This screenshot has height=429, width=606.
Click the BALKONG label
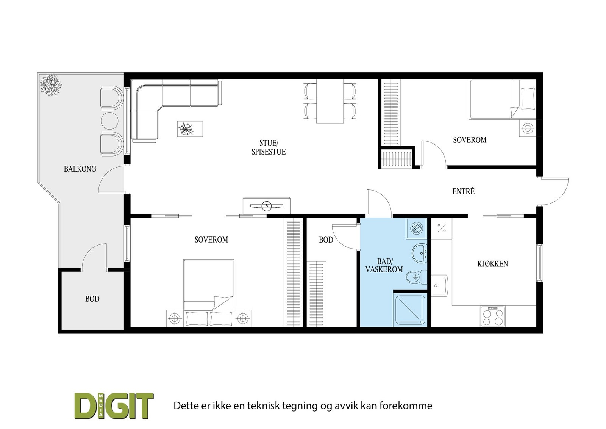[80, 169]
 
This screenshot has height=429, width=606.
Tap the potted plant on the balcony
[51, 85]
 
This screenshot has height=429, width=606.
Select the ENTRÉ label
[463, 191]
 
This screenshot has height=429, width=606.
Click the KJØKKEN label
[492, 264]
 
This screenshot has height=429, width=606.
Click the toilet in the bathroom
[415, 277]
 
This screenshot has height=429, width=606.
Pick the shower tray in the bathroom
[411, 310]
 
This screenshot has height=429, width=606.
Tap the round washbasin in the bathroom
[419, 253]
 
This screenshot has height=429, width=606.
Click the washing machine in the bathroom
[416, 229]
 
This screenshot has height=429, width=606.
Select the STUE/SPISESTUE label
[269, 147]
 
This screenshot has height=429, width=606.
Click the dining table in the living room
[330, 101]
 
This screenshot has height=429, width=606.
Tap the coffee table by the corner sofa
[190, 129]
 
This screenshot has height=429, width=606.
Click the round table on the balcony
[110, 119]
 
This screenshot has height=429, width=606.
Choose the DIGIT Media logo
[114, 406]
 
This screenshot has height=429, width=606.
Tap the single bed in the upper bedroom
[502, 99]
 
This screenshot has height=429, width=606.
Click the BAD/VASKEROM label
[384, 265]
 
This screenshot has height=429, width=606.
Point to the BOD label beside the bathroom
[326, 240]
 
